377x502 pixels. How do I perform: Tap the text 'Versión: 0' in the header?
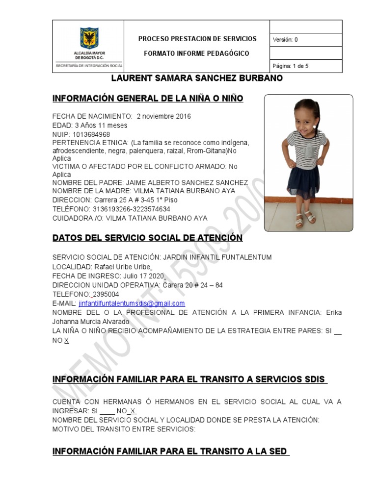(285, 40)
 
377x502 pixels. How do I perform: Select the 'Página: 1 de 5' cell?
(290, 66)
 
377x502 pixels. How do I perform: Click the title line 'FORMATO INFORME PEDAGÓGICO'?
(196, 53)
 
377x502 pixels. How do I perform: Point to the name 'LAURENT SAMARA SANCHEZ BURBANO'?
(197, 78)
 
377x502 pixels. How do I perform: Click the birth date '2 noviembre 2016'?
(164, 117)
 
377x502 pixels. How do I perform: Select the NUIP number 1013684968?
(91, 134)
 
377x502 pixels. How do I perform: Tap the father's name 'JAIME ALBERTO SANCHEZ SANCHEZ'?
(187, 182)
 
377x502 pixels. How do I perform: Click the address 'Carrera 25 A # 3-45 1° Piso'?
(135, 200)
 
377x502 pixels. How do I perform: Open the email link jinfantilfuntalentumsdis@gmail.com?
(132, 303)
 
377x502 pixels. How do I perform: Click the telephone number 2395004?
(106, 294)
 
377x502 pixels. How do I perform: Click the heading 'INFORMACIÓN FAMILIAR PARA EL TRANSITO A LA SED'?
(170, 451)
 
